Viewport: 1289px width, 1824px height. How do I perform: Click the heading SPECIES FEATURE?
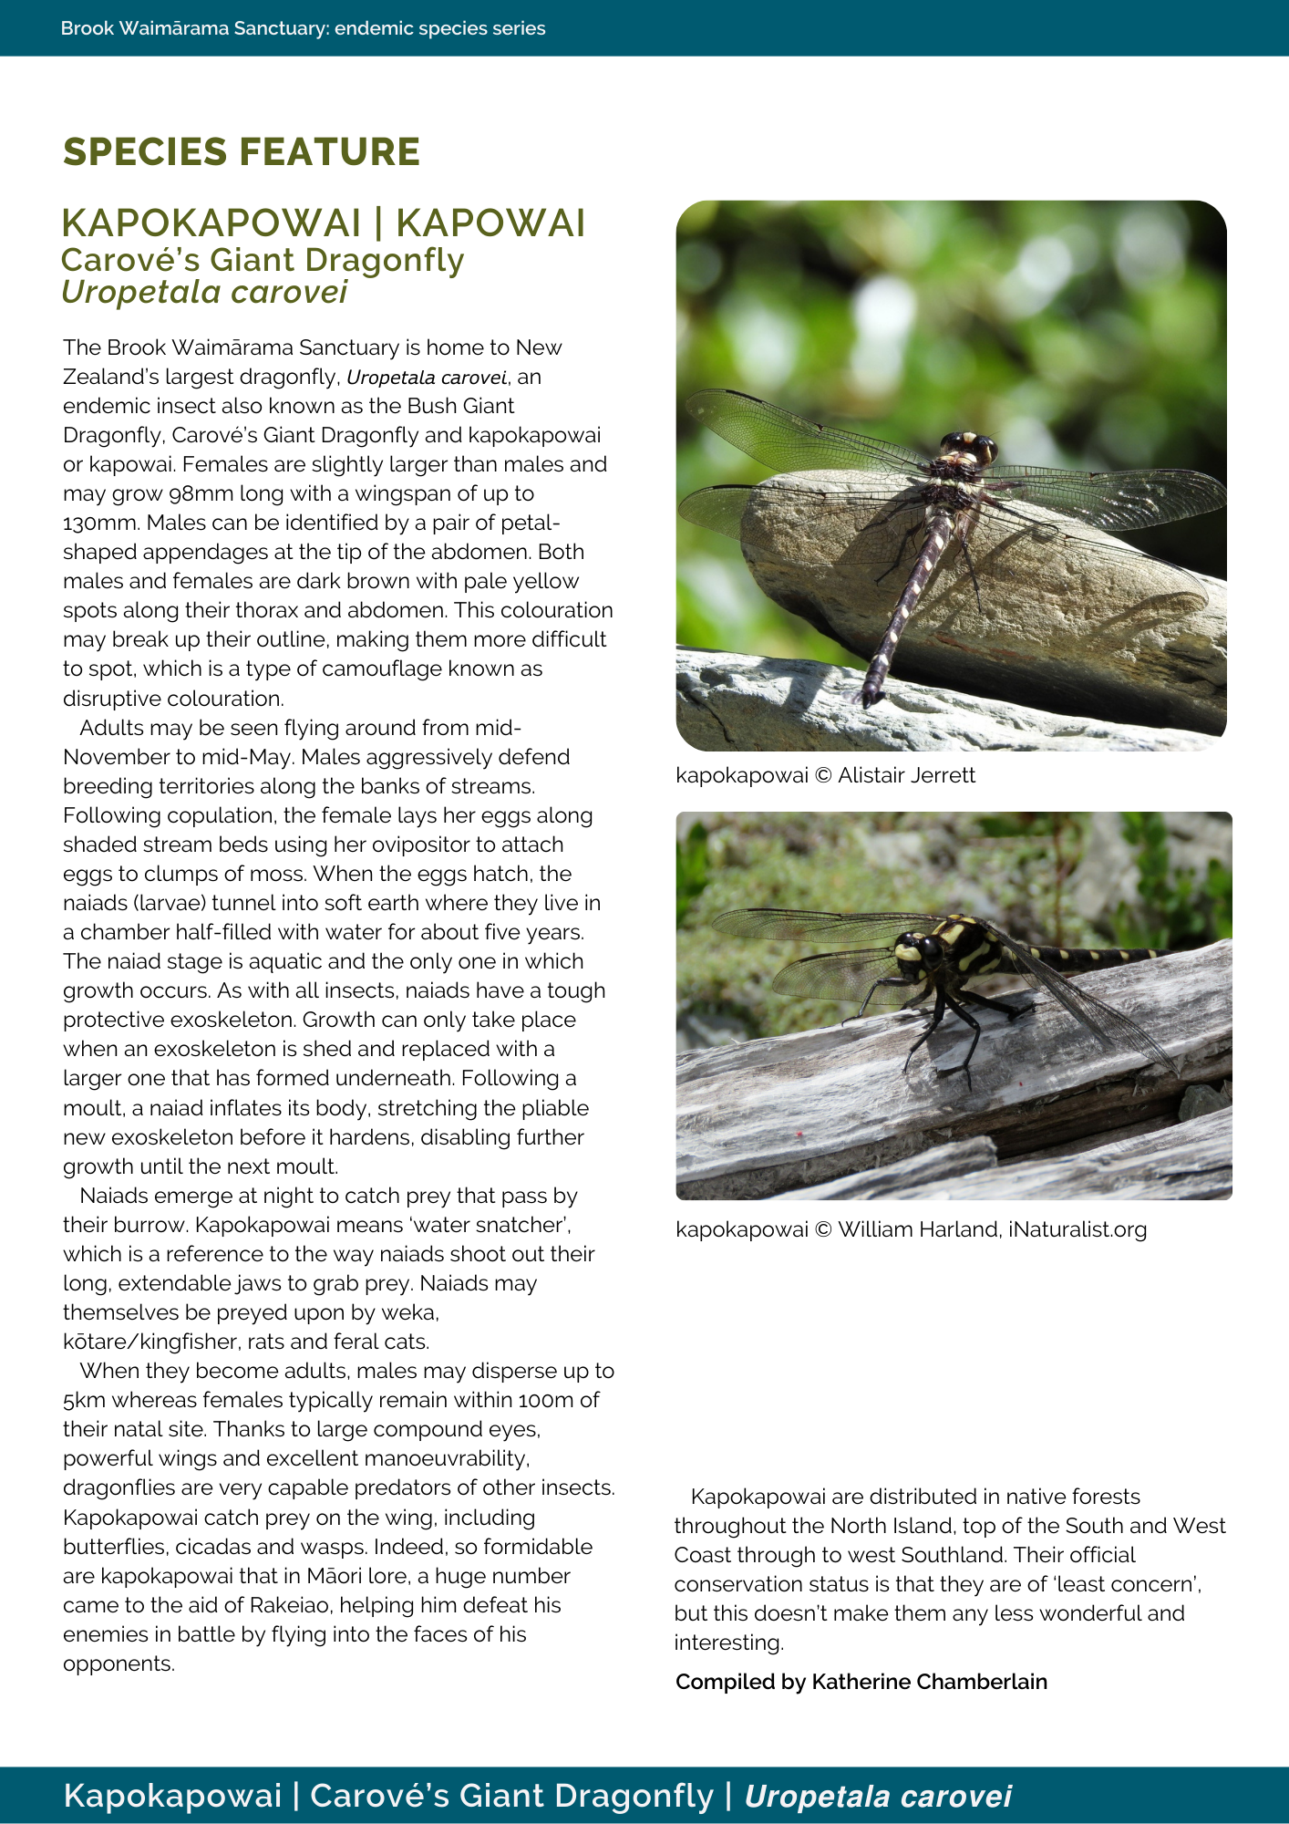pyautogui.click(x=242, y=152)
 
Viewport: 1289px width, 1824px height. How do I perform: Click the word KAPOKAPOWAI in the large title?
pyautogui.click(x=211, y=223)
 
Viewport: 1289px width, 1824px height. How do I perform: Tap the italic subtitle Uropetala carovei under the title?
pyautogui.click(x=204, y=293)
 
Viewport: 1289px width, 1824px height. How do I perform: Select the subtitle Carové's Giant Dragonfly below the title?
pyautogui.click(x=263, y=261)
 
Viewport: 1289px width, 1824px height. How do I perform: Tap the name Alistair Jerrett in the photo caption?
pyautogui.click(x=906, y=775)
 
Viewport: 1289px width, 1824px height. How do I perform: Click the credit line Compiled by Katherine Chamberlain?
pyautogui.click(x=861, y=1682)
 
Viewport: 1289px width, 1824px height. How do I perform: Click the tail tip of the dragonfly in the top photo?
pyautogui.click(x=872, y=698)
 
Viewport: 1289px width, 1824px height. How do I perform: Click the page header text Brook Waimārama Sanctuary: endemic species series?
pyautogui.click(x=304, y=28)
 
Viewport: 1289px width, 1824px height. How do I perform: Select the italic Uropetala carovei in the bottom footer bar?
pyautogui.click(x=878, y=1796)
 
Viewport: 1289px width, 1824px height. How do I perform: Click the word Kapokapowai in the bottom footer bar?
pyautogui.click(x=172, y=1796)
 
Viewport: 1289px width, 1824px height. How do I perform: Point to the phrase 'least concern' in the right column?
pyautogui.click(x=1139, y=1584)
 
